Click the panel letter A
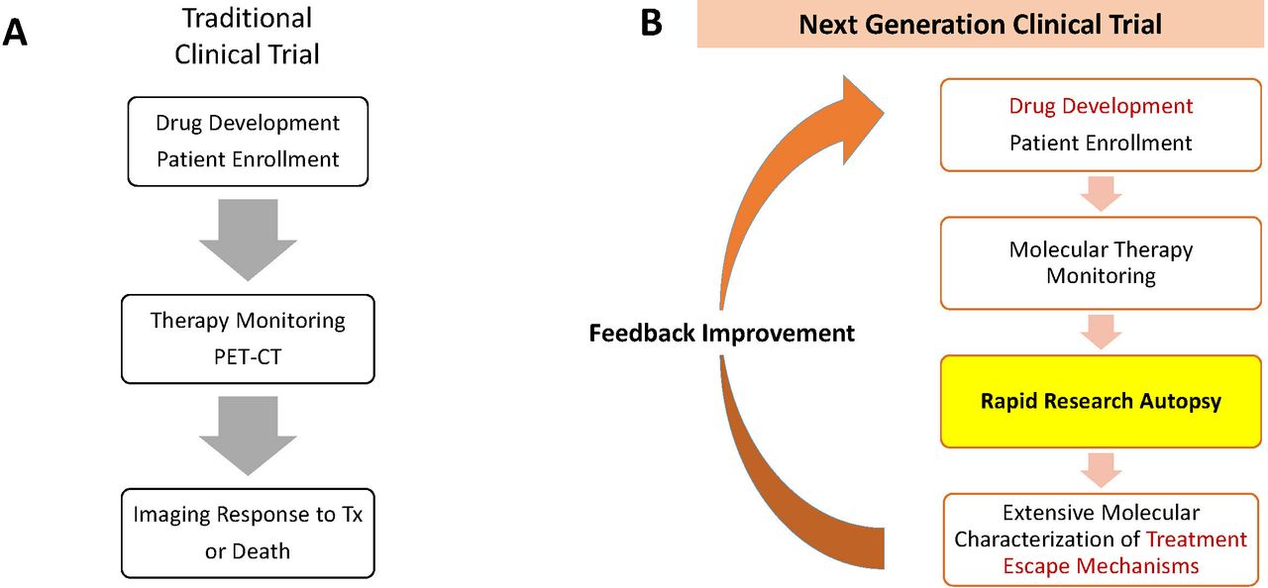[x=15, y=33]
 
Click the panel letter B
[x=652, y=23]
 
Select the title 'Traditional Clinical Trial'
[x=248, y=37]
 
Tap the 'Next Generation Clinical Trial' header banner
[x=980, y=25]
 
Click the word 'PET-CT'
[x=248, y=356]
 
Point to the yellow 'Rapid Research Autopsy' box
[x=1101, y=402]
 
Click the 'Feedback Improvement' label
[x=722, y=333]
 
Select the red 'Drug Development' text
[x=1101, y=106]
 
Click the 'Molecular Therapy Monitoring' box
[x=1101, y=263]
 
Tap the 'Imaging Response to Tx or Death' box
[x=248, y=534]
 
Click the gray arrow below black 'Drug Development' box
[x=248, y=240]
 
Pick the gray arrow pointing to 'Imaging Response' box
[x=248, y=436]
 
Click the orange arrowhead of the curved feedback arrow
[x=861, y=119]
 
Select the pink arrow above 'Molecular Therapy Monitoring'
[x=1101, y=194]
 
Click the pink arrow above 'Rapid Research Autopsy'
[x=1101, y=332]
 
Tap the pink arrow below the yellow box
[x=1101, y=470]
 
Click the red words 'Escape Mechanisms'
[x=1101, y=566]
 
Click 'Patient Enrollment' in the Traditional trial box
[x=248, y=159]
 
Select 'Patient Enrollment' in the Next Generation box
[x=1101, y=144]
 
